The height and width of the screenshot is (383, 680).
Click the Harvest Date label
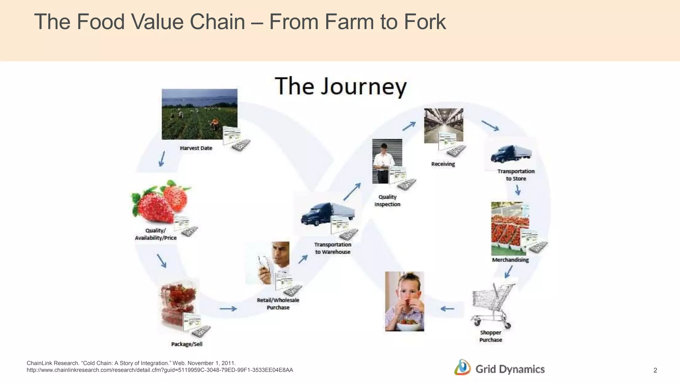(196, 148)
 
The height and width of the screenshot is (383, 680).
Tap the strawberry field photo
(199, 114)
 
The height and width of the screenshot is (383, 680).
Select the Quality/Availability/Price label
(156, 234)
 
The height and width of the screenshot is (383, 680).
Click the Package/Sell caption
(187, 344)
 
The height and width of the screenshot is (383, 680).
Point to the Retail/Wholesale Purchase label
(278, 304)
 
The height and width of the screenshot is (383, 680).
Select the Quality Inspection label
(387, 200)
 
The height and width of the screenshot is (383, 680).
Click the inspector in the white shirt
(383, 162)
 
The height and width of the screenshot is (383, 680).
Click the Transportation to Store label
(516, 175)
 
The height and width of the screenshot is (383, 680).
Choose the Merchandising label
(510, 260)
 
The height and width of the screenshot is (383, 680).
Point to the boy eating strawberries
(404, 301)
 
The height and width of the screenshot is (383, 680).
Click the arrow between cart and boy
(447, 309)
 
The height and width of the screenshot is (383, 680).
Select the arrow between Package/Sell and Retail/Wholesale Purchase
(228, 309)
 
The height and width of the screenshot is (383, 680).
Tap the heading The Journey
(341, 86)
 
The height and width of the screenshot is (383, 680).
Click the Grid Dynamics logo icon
(462, 368)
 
